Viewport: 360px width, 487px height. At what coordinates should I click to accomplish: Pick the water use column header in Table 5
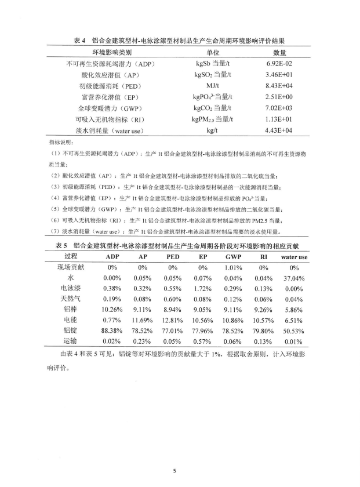[294, 256]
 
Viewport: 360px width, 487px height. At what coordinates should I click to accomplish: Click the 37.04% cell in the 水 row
[294, 278]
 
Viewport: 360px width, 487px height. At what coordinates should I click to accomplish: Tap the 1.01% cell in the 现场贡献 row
[233, 267]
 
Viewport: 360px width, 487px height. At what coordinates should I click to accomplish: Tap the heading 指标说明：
[60, 141]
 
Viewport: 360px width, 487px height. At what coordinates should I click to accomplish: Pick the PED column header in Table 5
[173, 256]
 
